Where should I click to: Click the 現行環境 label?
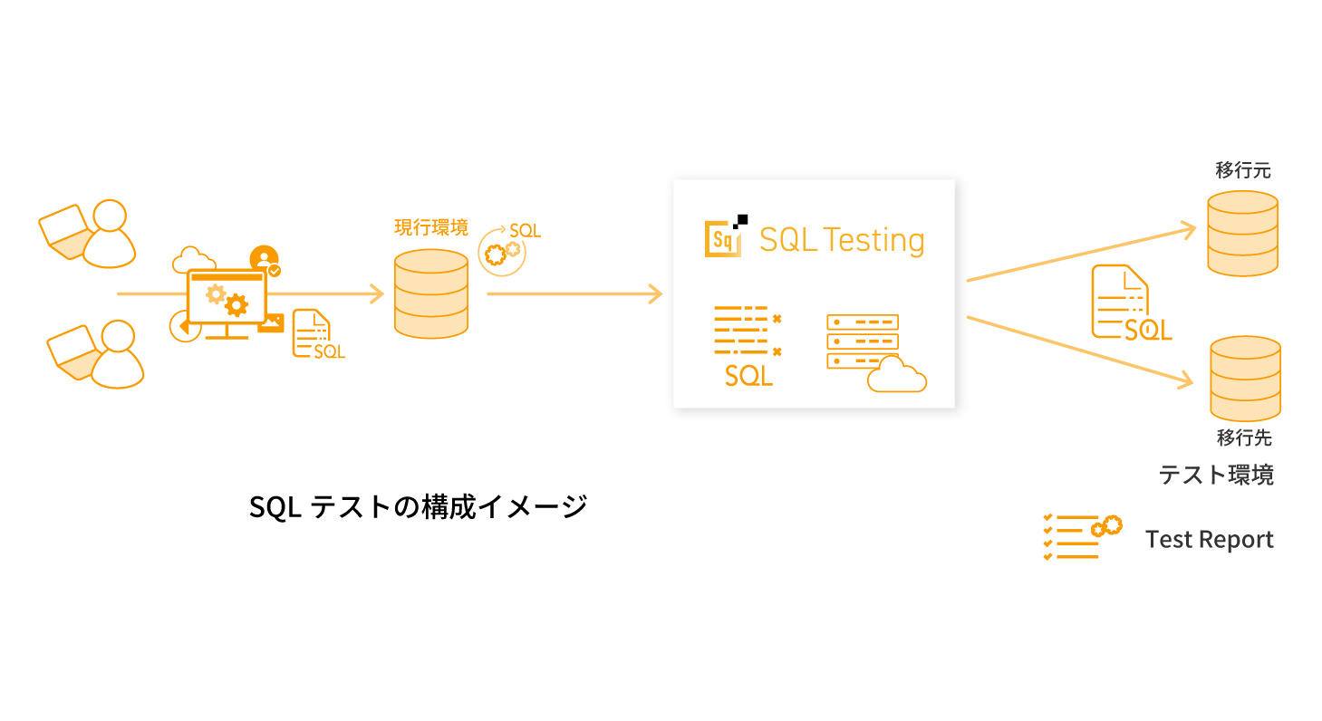430,227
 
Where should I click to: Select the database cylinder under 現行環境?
431,294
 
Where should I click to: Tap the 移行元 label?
1243,170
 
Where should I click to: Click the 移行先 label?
1244,437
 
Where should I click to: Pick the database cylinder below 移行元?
1242,233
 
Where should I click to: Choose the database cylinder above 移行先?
1245,378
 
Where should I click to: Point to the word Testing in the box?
874,240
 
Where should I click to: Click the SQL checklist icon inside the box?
748,345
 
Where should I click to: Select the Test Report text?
1209,540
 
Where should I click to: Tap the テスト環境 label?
1216,475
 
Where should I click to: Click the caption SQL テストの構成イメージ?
418,506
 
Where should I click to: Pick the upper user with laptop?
89,233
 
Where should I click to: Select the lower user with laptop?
96,353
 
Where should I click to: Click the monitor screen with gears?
227,294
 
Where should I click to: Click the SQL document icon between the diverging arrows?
1129,303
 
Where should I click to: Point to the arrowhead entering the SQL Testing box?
654,294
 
